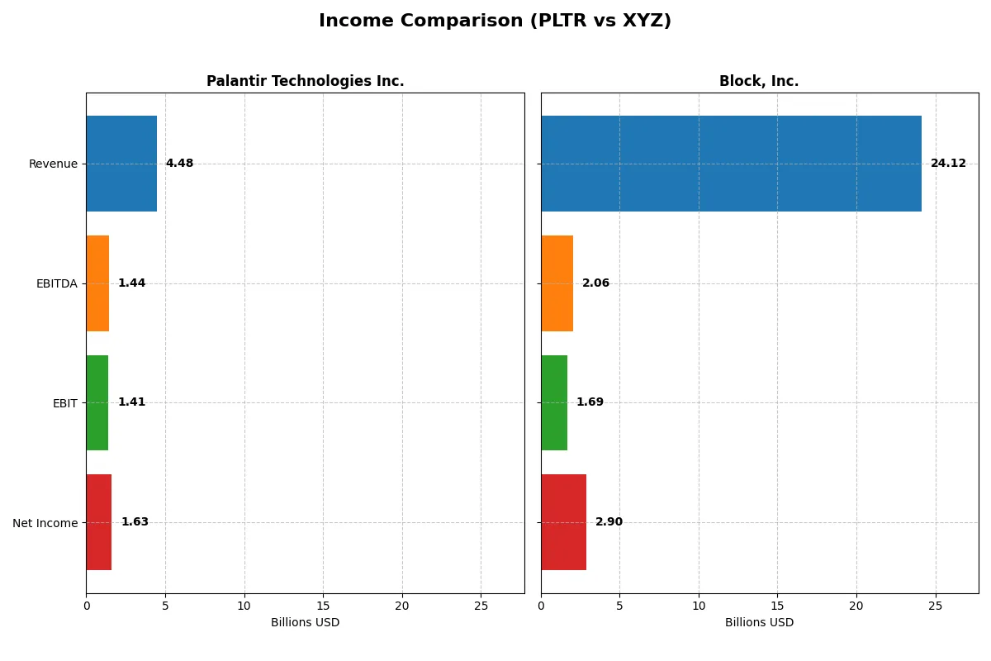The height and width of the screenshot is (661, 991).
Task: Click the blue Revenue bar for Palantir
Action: click(x=121, y=164)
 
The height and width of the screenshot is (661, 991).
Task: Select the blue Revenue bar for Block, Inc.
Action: click(x=731, y=164)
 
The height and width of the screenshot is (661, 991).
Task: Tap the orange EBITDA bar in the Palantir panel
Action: click(x=97, y=283)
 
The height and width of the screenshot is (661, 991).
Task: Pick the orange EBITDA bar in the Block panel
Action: click(x=557, y=283)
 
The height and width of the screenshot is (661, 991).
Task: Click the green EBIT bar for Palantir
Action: click(x=97, y=402)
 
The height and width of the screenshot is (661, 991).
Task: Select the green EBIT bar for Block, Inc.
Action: click(x=554, y=402)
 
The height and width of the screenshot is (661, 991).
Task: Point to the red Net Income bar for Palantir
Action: click(x=98, y=522)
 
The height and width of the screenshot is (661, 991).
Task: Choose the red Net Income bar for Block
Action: click(x=563, y=522)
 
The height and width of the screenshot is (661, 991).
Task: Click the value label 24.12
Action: click(x=948, y=164)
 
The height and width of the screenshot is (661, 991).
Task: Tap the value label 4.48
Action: click(x=179, y=164)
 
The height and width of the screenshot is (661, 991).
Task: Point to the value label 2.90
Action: click(x=609, y=522)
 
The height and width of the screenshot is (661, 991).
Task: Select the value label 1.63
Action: click(x=135, y=522)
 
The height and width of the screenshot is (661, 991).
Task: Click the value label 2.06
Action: click(x=595, y=283)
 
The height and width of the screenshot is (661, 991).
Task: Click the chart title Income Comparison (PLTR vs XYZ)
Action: click(x=495, y=21)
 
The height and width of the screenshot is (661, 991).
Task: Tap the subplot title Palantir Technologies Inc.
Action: click(x=305, y=82)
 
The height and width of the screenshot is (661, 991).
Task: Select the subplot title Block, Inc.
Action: click(x=759, y=82)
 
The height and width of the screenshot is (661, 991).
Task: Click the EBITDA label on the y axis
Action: click(x=56, y=283)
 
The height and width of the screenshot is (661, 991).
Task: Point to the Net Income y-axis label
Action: click(x=45, y=522)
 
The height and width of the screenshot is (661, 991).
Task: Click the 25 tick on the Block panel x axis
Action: click(x=935, y=606)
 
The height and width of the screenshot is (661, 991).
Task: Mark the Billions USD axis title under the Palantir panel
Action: click(x=305, y=623)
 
